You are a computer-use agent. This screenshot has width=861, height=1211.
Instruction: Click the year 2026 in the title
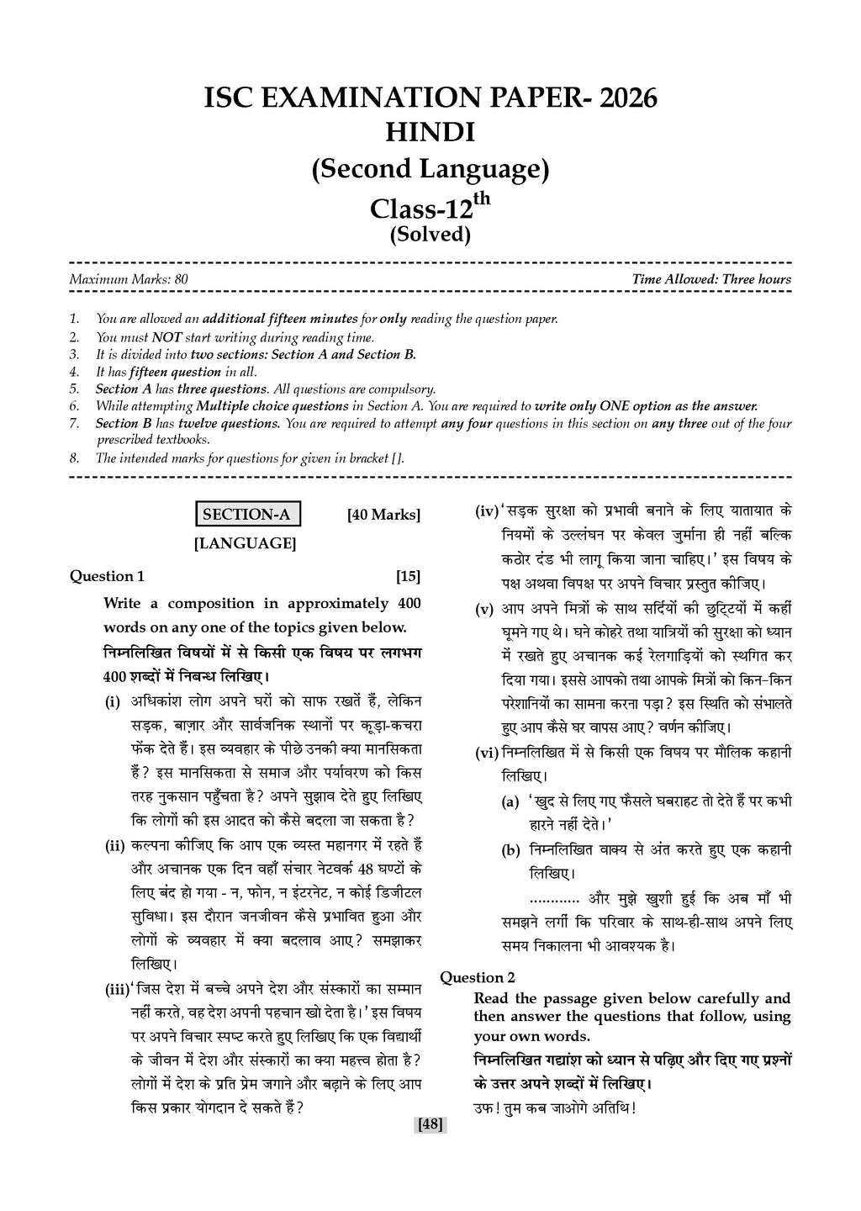click(625, 98)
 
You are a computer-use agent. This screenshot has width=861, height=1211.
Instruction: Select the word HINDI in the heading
click(430, 133)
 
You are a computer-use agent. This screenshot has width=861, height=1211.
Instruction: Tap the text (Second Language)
click(430, 169)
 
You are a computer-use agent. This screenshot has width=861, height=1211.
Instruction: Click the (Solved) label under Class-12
click(430, 234)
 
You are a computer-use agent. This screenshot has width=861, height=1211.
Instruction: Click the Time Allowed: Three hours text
click(711, 279)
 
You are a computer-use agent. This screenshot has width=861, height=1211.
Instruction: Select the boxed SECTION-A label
click(247, 515)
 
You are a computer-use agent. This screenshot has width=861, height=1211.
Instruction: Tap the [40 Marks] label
click(383, 515)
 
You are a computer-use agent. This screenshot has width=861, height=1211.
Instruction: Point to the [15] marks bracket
click(408, 576)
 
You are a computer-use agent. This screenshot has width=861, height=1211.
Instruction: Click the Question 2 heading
click(478, 977)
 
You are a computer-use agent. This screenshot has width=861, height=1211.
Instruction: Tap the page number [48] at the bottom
click(430, 1124)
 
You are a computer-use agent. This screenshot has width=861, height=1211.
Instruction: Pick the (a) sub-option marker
click(510, 802)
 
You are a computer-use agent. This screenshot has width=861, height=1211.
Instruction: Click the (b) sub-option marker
click(510, 851)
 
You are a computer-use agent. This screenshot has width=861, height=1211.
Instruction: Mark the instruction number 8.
click(75, 458)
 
